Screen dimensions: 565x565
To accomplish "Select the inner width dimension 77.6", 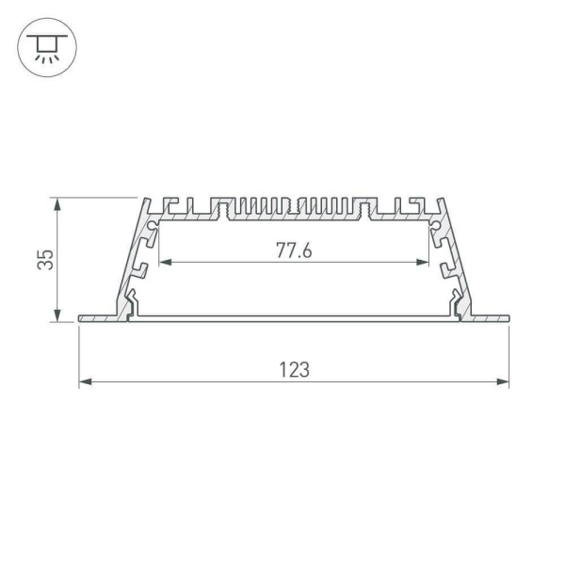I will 294,250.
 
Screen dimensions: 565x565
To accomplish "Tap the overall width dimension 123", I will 294,370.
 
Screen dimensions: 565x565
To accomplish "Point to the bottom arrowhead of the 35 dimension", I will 59,316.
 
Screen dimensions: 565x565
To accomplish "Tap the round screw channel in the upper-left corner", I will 150,227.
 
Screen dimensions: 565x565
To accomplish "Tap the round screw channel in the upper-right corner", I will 436,227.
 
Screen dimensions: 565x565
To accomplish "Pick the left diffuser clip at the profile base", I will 132,303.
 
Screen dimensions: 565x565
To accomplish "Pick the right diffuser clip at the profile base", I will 455,303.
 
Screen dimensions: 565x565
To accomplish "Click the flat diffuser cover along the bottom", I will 294,319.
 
